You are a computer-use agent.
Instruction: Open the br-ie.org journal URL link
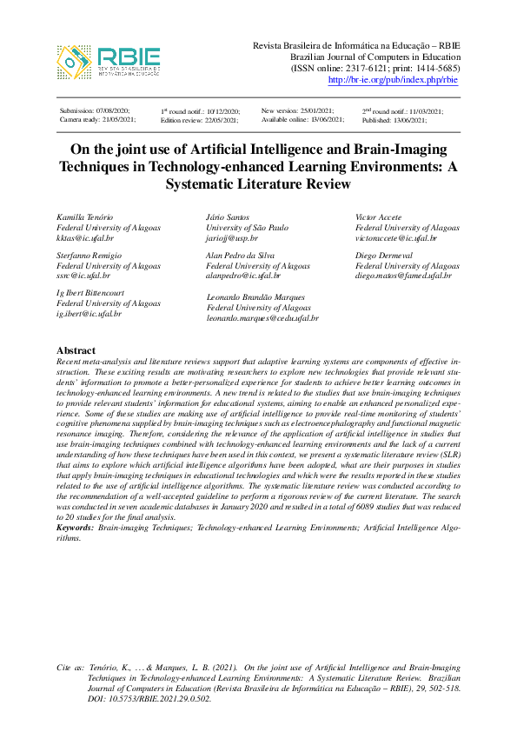click(x=393, y=80)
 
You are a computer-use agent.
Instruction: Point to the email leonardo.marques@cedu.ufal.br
click(x=262, y=318)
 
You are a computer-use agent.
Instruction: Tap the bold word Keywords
click(x=74, y=528)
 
